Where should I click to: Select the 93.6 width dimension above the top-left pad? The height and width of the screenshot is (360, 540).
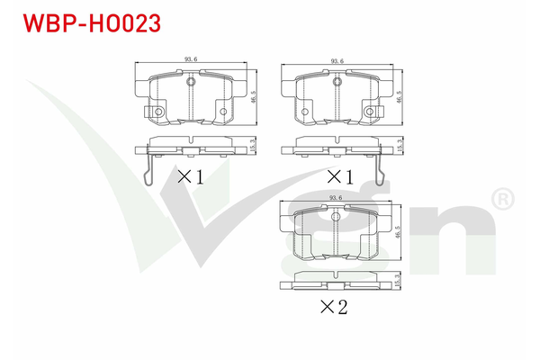(190, 60)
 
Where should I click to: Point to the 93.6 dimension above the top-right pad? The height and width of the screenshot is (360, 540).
(337, 61)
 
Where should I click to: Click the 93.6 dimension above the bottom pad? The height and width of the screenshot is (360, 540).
(337, 198)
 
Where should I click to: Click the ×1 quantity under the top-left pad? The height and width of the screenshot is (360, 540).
(190, 176)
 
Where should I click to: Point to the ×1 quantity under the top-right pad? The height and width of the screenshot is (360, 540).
(337, 176)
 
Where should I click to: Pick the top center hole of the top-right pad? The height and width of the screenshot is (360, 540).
(337, 83)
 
